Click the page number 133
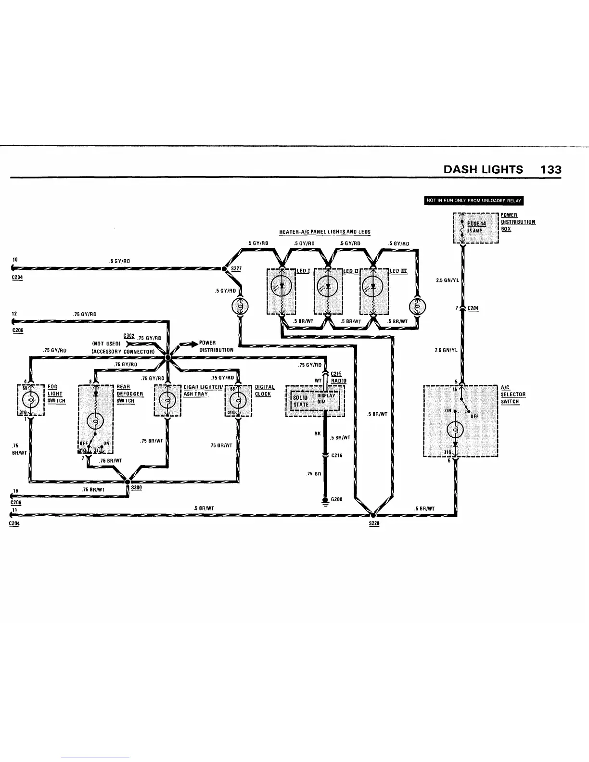click(551, 169)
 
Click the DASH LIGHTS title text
click(483, 169)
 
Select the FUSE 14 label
click(476, 224)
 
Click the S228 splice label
click(374, 524)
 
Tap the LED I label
click(302, 271)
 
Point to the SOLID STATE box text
click(301, 401)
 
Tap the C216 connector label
click(336, 455)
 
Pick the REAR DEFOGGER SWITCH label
click(129, 394)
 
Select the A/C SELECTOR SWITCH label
click(512, 394)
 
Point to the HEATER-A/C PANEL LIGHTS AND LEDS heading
click(325, 232)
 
